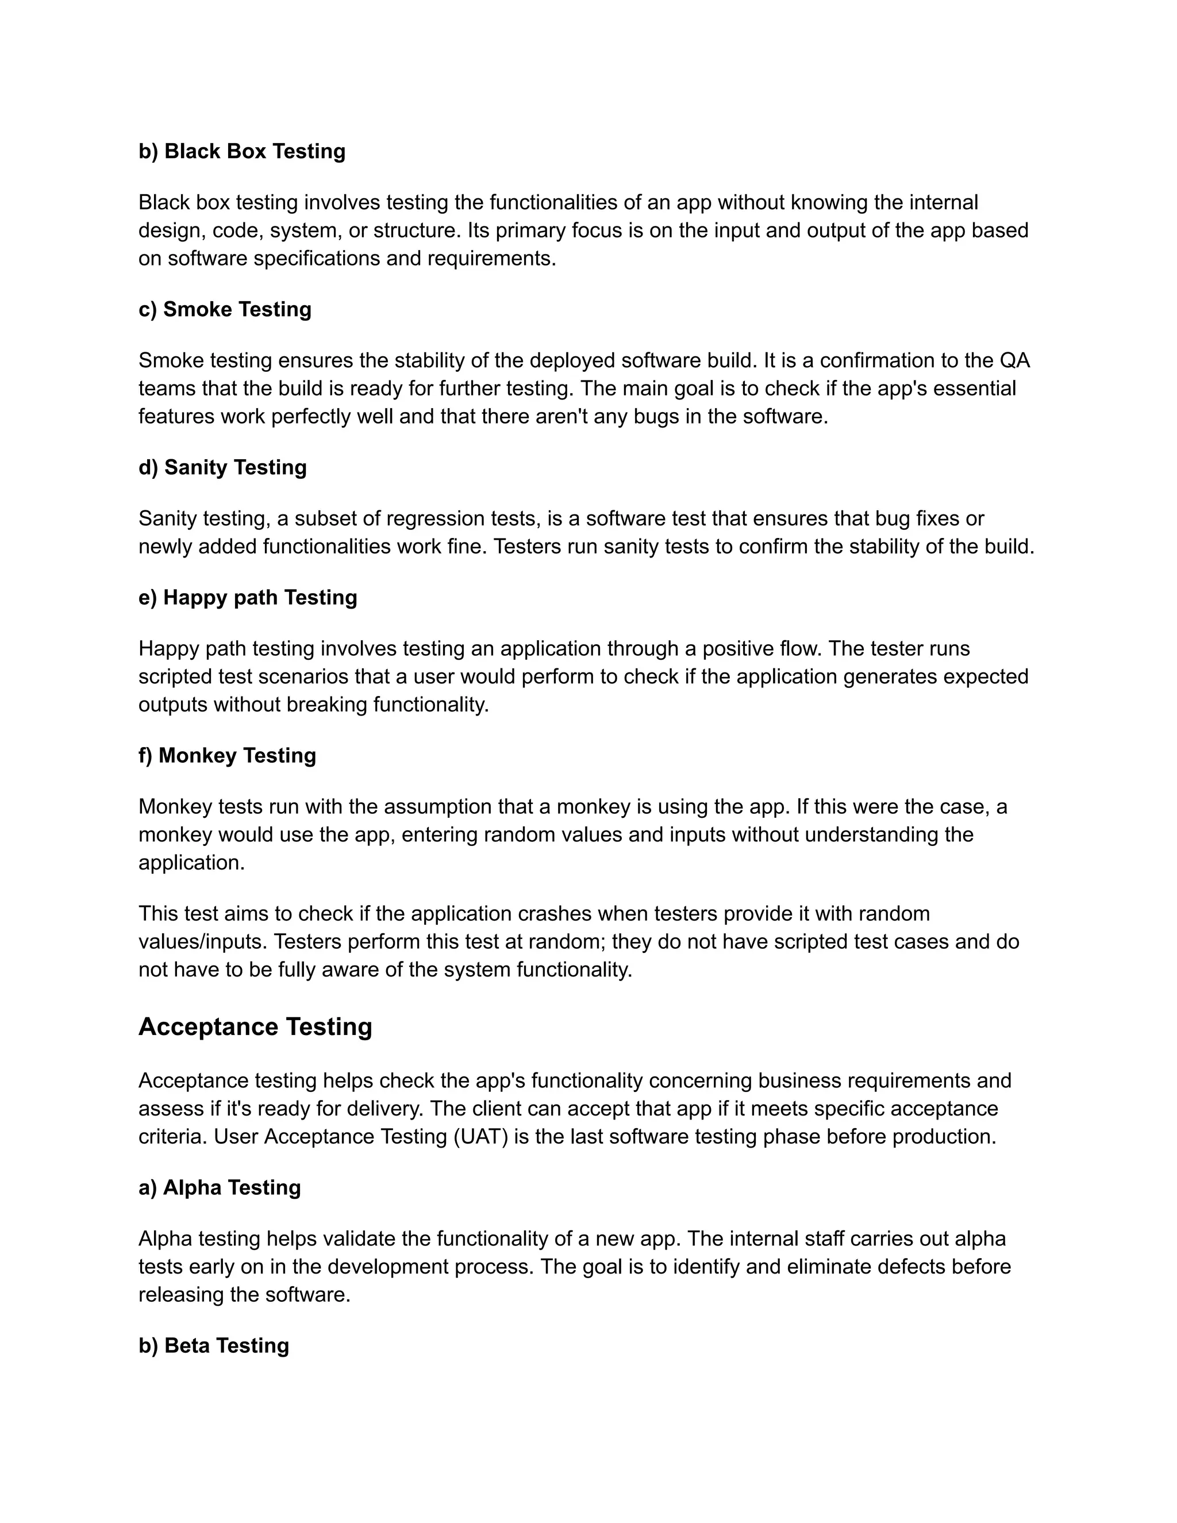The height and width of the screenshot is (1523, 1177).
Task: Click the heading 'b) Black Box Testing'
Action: pos(242,151)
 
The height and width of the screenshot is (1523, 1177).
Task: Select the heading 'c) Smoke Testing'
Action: pos(225,309)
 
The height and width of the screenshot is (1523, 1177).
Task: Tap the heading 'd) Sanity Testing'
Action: pos(222,467)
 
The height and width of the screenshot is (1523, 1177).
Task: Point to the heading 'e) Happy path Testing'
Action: pos(248,598)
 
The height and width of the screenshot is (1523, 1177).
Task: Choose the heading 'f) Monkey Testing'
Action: pos(228,755)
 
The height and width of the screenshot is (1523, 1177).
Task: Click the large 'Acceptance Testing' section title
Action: pos(255,1026)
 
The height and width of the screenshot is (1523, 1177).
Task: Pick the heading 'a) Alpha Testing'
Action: pos(220,1187)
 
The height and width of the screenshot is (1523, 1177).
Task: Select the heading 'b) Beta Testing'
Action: pos(213,1345)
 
